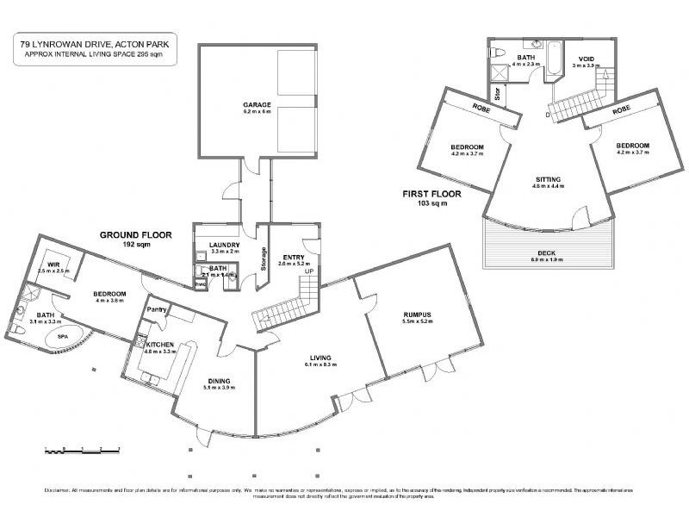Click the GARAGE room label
(x=257, y=105)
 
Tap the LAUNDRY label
(x=224, y=246)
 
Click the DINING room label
(x=217, y=381)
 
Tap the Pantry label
(x=156, y=309)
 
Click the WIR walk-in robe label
(x=53, y=265)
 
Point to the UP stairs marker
(x=307, y=272)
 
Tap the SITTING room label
(x=547, y=180)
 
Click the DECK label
(x=547, y=251)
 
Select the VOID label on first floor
(x=587, y=59)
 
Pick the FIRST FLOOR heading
(x=431, y=195)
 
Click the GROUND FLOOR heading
(x=135, y=234)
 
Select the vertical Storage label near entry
(x=264, y=260)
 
